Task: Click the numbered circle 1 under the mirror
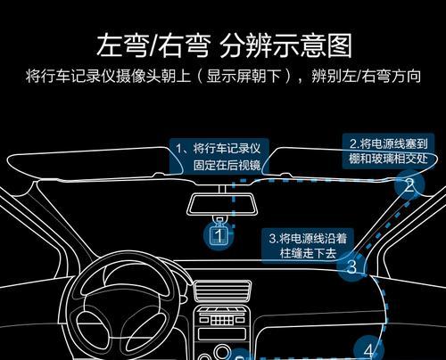219,235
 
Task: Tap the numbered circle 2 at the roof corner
409,184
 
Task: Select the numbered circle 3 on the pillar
351,266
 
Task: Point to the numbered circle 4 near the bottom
368,348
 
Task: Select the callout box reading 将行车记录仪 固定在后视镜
219,156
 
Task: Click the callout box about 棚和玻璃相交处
389,151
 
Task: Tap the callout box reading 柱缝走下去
308,246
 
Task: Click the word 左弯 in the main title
122,45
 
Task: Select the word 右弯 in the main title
184,45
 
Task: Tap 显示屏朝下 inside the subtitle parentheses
244,76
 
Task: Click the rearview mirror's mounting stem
222,189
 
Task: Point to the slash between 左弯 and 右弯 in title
153,45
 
